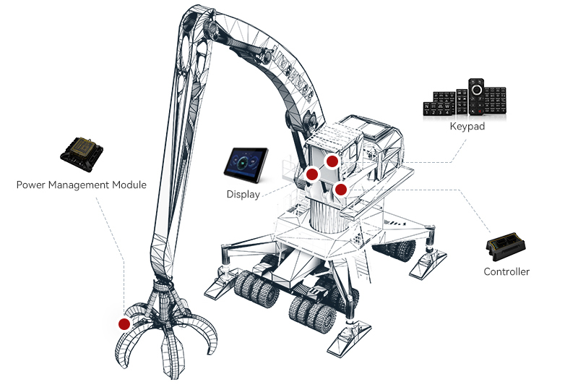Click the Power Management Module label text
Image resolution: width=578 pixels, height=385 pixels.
coord(81,185)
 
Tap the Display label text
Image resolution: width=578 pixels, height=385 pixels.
coord(243,194)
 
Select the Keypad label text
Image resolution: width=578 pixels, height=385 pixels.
coord(467,127)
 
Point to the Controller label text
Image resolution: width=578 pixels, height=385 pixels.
coord(506,272)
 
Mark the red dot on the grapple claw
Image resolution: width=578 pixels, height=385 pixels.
coord(124,323)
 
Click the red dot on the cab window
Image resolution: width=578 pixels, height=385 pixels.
coord(332,161)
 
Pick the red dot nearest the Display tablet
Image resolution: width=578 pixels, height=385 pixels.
coord(313,174)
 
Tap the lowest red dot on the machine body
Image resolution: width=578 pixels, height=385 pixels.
coord(340,190)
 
